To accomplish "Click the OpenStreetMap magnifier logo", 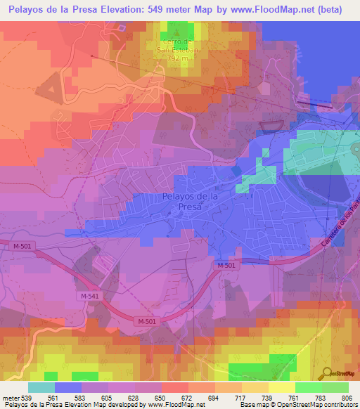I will point(327,373).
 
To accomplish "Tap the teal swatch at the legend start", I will point(41,387).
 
